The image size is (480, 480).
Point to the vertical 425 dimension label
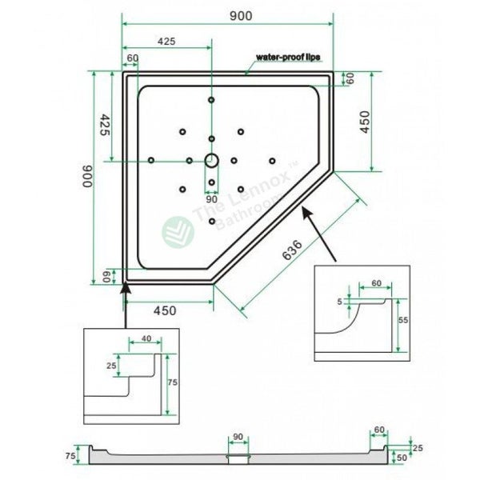click(x=105, y=126)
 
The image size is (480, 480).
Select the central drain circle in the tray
click(x=211, y=159)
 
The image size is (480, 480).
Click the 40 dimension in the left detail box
click(x=146, y=338)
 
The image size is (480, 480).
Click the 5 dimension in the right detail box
click(x=339, y=302)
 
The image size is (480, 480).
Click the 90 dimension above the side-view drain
click(x=237, y=437)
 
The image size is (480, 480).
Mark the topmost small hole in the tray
click(x=211, y=99)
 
